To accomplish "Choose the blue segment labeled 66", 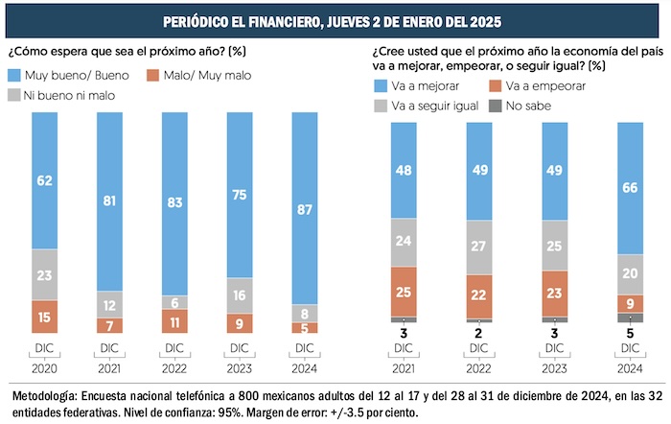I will pos(630,188).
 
